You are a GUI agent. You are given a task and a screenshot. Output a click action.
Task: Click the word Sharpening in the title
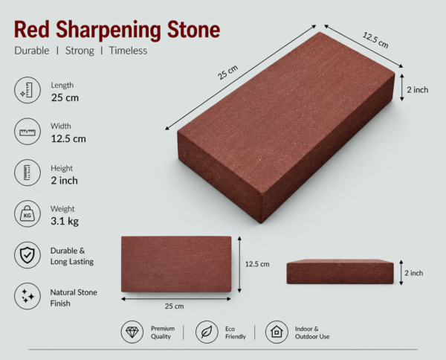pyautogui.click(x=109, y=30)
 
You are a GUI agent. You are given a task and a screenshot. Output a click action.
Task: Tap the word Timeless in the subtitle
pyautogui.click(x=128, y=51)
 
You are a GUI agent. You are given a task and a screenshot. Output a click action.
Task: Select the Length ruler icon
pyautogui.click(x=28, y=90)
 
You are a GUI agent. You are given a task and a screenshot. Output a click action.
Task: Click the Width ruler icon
pyautogui.click(x=28, y=132)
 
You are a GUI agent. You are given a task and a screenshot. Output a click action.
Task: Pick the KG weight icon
pyautogui.click(x=28, y=213)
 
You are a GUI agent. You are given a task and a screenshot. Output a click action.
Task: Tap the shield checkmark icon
pyautogui.click(x=28, y=255)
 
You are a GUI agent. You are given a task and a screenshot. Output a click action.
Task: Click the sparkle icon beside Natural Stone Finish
pyautogui.click(x=28, y=296)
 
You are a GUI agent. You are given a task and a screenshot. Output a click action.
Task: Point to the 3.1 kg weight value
pyautogui.click(x=65, y=222)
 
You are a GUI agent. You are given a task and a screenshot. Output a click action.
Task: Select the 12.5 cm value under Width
pyautogui.click(x=68, y=139)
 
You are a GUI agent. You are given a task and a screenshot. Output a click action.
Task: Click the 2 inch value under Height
pyautogui.click(x=64, y=181)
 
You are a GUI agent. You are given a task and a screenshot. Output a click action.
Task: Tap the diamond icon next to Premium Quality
pyautogui.click(x=132, y=332)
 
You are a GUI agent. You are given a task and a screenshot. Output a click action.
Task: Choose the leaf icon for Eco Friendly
pyautogui.click(x=207, y=332)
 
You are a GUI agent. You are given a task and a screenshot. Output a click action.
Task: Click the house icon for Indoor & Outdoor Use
pyautogui.click(x=277, y=332)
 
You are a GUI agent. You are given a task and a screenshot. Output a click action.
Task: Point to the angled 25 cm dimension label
pyautogui.click(x=227, y=72)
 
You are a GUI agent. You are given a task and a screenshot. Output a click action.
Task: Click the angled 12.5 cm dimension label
pyautogui.click(x=375, y=40)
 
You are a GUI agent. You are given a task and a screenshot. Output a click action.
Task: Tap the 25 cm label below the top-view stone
pyautogui.click(x=174, y=306)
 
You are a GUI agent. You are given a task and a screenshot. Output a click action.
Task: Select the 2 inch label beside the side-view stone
pyautogui.click(x=414, y=273)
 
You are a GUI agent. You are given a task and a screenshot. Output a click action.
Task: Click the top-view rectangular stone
pyautogui.click(x=176, y=264)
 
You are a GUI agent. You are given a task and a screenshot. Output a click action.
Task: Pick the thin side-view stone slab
pyautogui.click(x=340, y=271)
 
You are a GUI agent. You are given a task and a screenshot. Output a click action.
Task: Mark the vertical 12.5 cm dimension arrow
pyautogui.click(x=239, y=264)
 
